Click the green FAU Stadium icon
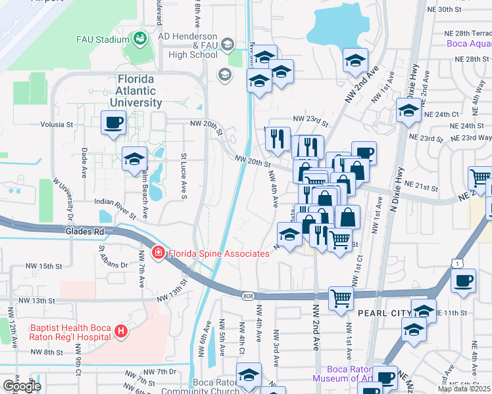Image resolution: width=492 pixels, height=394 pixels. (139, 40)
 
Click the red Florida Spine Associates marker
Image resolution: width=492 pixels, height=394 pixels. (158, 253)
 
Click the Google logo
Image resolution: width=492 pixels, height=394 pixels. (22, 386)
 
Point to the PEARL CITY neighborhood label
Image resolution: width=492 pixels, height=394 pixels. (383, 313)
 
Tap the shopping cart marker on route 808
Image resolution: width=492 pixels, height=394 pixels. (341, 299)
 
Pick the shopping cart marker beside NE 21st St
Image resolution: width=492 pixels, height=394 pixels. (480, 177)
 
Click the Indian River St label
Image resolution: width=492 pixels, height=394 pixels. (115, 208)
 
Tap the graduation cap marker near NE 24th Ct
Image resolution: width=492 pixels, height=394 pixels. (408, 110)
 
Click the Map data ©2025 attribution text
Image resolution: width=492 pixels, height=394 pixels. (464, 389)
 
